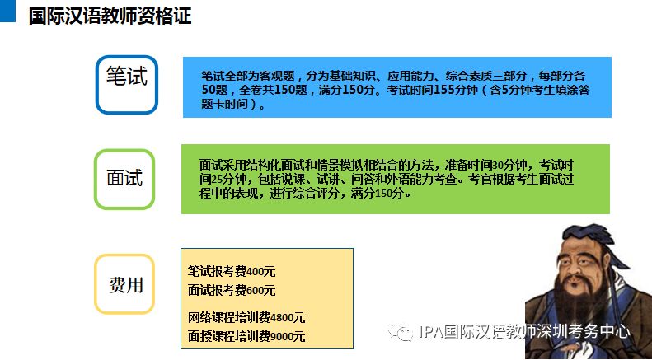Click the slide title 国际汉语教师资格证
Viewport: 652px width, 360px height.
pos(110,16)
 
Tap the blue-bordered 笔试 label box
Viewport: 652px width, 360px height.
pos(127,85)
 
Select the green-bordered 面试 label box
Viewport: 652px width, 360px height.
pos(124,179)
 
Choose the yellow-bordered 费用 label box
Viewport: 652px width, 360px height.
pos(124,284)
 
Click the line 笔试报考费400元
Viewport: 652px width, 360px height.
pos(232,272)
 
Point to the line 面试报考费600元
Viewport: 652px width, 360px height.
pos(232,290)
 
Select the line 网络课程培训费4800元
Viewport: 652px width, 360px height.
pos(246,318)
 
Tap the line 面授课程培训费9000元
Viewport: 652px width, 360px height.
pos(246,336)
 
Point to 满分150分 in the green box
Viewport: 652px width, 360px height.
pos(378,194)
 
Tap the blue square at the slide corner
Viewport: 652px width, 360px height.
pos(7,11)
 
